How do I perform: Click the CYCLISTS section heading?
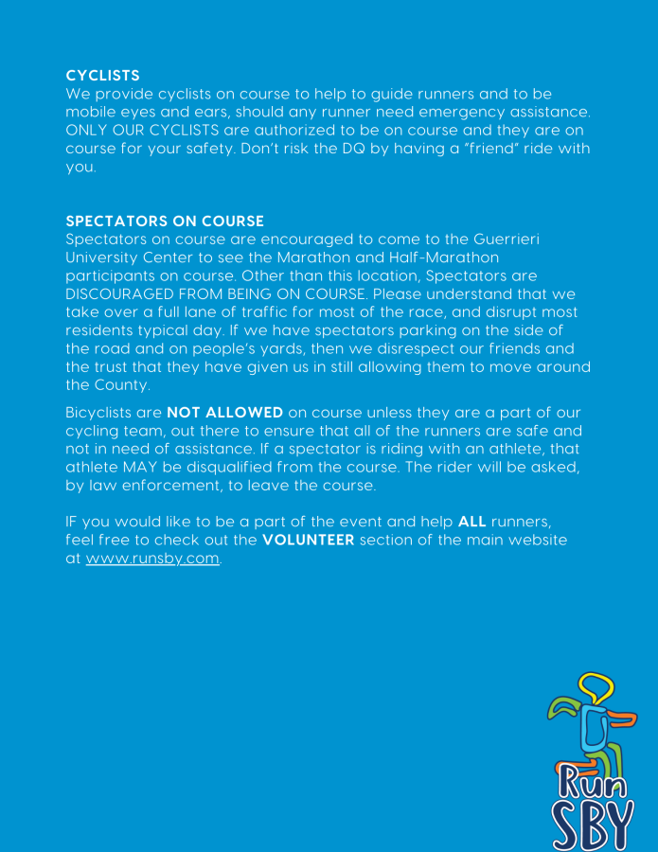click(x=102, y=75)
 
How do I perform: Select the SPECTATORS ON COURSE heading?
click(x=165, y=221)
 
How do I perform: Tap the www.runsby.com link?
click(x=152, y=559)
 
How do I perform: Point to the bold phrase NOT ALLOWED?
click(x=225, y=413)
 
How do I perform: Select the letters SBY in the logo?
click(x=592, y=825)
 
